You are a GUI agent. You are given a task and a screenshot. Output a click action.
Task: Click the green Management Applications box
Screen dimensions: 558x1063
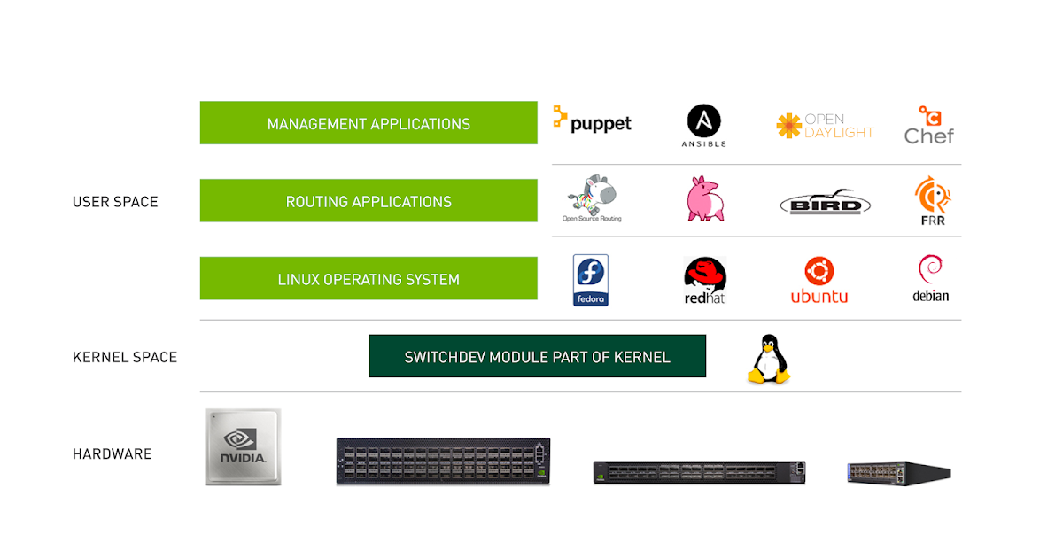click(x=369, y=123)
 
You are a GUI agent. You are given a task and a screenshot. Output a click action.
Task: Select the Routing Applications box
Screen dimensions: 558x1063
click(x=369, y=201)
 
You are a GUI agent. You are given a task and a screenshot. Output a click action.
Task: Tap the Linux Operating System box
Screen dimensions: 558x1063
click(x=369, y=279)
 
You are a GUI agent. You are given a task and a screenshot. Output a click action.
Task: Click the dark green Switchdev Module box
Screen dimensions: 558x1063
click(x=537, y=356)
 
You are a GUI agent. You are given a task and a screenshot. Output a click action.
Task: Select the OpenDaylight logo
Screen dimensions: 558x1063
click(x=825, y=126)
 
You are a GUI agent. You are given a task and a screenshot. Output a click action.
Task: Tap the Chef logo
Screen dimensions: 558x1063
click(x=929, y=125)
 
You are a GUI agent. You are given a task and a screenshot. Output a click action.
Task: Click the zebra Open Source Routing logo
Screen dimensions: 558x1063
click(x=592, y=198)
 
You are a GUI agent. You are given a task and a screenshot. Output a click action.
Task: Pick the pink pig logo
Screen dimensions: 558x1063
click(x=706, y=198)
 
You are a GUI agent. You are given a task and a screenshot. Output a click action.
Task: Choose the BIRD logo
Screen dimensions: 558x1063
click(x=826, y=203)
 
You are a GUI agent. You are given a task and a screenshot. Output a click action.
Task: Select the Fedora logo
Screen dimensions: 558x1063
click(x=591, y=280)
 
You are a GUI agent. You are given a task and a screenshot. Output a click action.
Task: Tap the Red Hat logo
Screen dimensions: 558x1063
click(x=705, y=281)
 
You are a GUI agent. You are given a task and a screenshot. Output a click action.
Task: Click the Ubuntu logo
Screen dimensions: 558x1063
click(x=819, y=280)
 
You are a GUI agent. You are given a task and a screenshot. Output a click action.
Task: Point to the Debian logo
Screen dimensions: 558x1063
click(x=930, y=278)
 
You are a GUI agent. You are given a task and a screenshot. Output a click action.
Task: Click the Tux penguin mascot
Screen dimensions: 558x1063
click(x=769, y=359)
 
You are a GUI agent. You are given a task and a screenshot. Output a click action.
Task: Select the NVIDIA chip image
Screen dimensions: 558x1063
click(x=243, y=446)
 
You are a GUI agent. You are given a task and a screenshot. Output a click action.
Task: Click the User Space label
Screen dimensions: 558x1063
click(x=115, y=202)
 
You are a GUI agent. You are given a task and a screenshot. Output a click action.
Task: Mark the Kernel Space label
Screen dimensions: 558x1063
click(x=125, y=357)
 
